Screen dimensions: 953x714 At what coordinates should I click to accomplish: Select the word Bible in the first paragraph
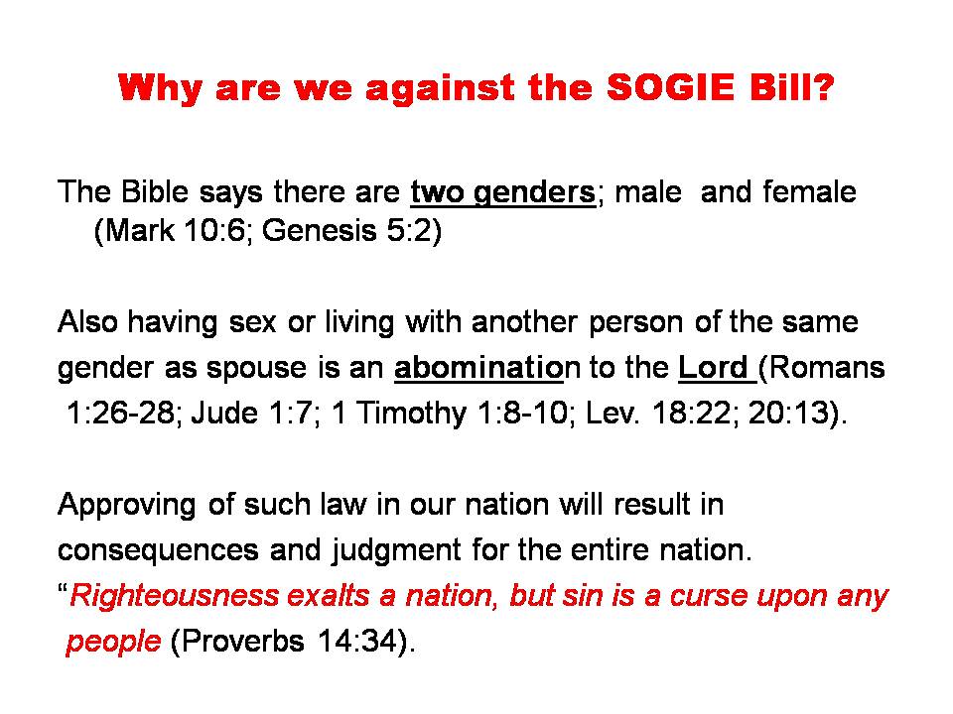click(155, 191)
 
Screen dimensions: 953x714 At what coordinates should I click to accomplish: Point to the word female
click(810, 191)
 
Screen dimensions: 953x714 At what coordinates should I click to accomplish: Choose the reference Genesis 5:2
click(346, 231)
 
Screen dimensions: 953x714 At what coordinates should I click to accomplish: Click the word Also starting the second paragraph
click(87, 321)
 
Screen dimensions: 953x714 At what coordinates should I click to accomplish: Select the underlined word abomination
click(478, 367)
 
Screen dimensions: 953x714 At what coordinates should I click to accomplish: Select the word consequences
click(158, 550)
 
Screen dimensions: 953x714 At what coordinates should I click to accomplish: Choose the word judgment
click(396, 551)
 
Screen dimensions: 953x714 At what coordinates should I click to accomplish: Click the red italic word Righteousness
click(175, 596)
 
